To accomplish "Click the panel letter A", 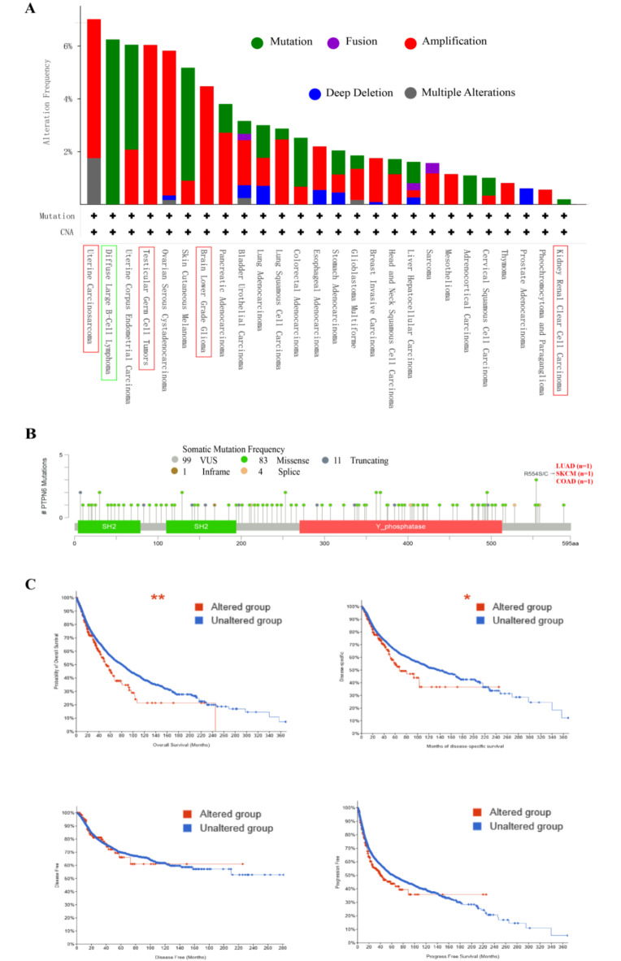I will click(30, 9).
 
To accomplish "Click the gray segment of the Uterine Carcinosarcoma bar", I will click(94, 180).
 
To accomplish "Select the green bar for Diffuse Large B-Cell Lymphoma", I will click(112, 122).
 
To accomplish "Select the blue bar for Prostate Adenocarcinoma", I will click(526, 196).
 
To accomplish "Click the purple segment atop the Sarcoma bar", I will click(432, 167).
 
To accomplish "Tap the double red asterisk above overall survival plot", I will click(159, 599).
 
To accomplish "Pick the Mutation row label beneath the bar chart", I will click(59, 216).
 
